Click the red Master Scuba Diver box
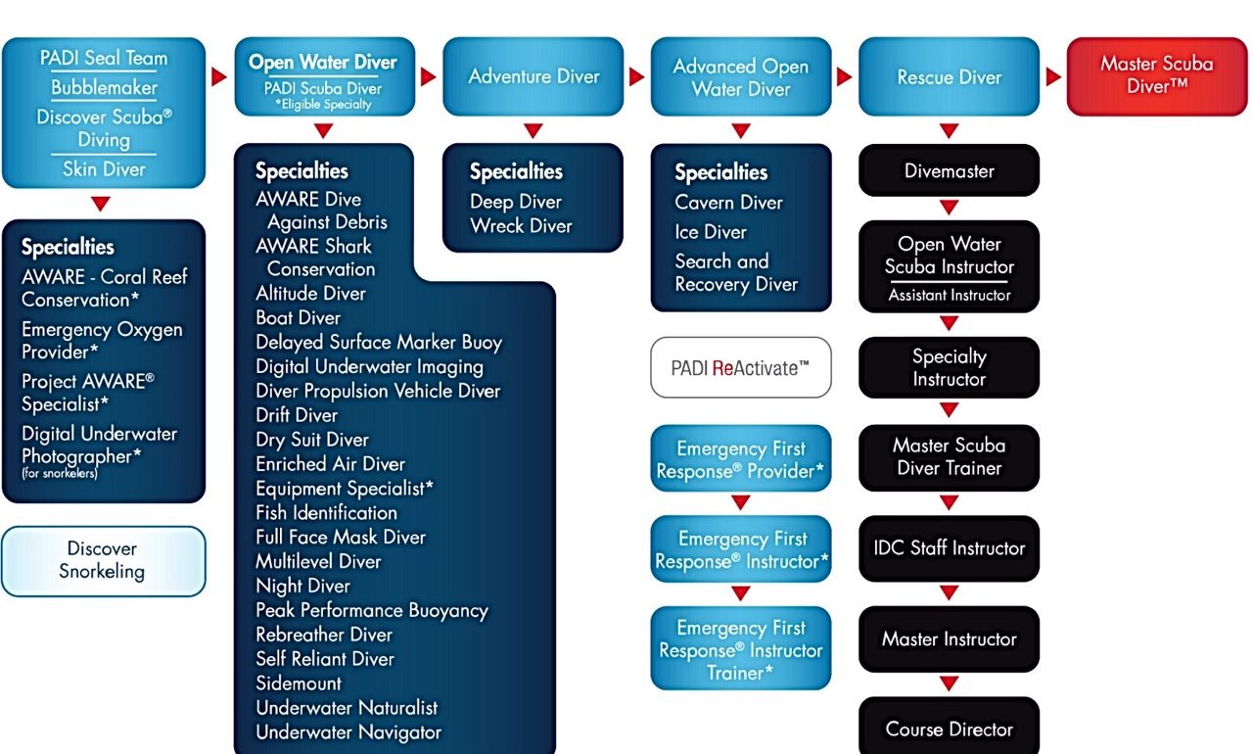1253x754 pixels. pyautogui.click(x=1157, y=76)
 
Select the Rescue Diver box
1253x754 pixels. pyautogui.click(x=949, y=76)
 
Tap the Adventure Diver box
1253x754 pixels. pyautogui.click(x=534, y=76)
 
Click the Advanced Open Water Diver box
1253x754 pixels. pyautogui.click(x=741, y=76)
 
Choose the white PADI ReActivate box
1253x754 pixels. pyautogui.click(x=741, y=368)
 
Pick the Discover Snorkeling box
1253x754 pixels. pyautogui.click(x=104, y=561)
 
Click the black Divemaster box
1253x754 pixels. pyautogui.click(x=949, y=170)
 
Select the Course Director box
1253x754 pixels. pyautogui.click(x=949, y=729)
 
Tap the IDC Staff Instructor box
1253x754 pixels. pyautogui.click(x=949, y=548)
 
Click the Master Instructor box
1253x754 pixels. pyautogui.click(x=949, y=639)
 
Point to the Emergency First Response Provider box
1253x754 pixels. pyautogui.click(x=741, y=459)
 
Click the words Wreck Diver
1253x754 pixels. pyautogui.click(x=521, y=226)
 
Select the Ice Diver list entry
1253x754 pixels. pyautogui.click(x=711, y=232)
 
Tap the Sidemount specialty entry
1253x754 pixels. pyautogui.click(x=299, y=683)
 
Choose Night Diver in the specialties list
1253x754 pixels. pyautogui.click(x=302, y=586)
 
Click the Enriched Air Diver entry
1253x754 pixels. pyautogui.click(x=330, y=464)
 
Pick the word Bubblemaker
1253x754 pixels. pyautogui.click(x=104, y=88)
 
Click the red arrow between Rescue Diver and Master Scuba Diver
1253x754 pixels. pyautogui.click(x=1053, y=76)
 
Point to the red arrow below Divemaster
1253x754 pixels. pyautogui.click(x=949, y=208)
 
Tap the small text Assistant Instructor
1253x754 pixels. pyautogui.click(x=949, y=295)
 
